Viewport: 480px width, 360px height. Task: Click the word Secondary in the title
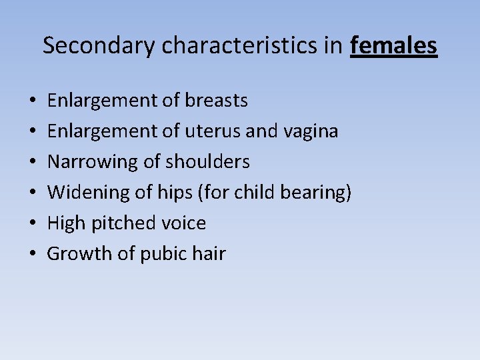[99, 45]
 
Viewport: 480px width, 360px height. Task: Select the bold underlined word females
[393, 45]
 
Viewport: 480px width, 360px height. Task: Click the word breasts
[217, 101]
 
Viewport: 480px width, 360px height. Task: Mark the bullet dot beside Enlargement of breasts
[33, 101]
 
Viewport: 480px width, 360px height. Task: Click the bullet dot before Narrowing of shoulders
[33, 163]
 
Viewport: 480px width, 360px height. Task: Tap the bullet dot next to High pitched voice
[33, 224]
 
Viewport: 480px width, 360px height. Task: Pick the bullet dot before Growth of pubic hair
[33, 255]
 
